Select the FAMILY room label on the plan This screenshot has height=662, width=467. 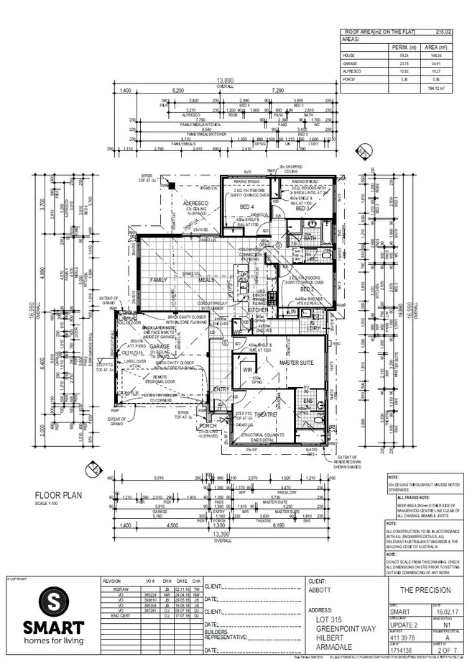point(158,278)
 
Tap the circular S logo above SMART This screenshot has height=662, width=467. point(50,600)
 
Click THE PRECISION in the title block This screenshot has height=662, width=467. point(426,589)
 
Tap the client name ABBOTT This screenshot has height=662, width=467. point(319,589)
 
